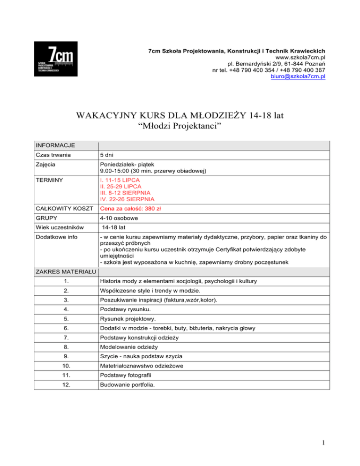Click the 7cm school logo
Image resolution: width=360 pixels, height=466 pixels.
point(56,60)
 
